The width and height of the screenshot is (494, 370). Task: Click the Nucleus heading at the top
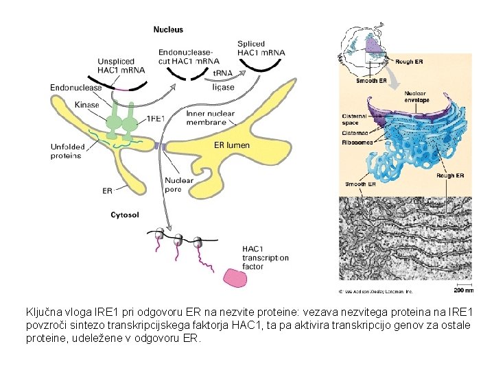point(168,30)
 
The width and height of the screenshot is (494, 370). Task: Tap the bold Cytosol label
point(125,214)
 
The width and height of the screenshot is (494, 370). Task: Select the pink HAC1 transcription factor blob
point(235,278)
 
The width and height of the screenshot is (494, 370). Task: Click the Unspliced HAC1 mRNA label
point(121,65)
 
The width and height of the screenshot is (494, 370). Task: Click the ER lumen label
point(232,145)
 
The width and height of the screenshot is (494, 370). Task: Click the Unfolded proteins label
point(67,151)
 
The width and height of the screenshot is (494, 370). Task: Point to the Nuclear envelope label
point(416,97)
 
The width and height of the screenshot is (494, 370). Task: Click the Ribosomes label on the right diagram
point(357,143)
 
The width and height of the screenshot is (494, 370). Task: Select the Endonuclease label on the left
point(76,87)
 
